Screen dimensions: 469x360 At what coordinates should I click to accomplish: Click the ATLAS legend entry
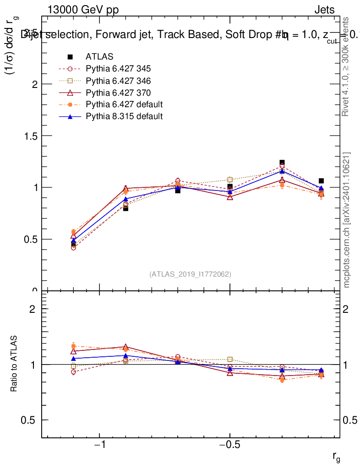(x=99, y=57)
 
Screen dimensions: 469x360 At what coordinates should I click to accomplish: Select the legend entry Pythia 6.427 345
(x=118, y=69)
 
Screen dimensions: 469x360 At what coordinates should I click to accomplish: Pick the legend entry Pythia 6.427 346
(x=118, y=81)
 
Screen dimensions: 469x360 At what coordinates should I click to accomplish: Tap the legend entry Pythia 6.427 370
(x=118, y=93)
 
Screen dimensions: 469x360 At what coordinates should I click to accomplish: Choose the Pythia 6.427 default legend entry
(x=124, y=104)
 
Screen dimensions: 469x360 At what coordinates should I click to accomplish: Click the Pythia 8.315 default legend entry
(x=124, y=116)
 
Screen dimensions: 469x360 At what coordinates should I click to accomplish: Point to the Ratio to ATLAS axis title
(x=14, y=364)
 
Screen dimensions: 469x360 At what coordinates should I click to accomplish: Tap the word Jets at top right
(x=324, y=11)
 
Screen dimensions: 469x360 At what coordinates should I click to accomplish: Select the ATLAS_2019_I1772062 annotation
(x=190, y=274)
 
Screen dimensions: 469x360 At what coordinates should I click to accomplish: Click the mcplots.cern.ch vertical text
(x=347, y=220)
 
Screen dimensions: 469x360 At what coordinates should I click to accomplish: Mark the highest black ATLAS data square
(x=282, y=163)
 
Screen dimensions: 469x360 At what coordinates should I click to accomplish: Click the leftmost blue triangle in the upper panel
(x=73, y=240)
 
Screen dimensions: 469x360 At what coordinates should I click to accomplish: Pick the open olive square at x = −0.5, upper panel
(x=230, y=180)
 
